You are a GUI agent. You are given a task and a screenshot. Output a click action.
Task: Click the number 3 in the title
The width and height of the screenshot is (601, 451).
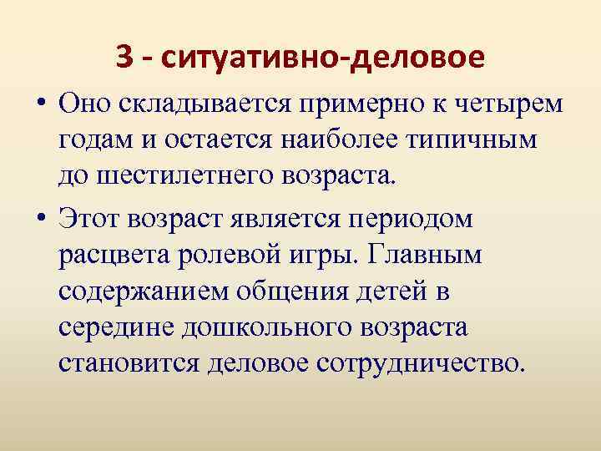(124, 58)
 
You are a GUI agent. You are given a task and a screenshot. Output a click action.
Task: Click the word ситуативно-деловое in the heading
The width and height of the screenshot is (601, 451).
(324, 58)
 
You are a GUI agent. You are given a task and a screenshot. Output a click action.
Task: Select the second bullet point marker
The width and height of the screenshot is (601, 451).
(41, 220)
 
